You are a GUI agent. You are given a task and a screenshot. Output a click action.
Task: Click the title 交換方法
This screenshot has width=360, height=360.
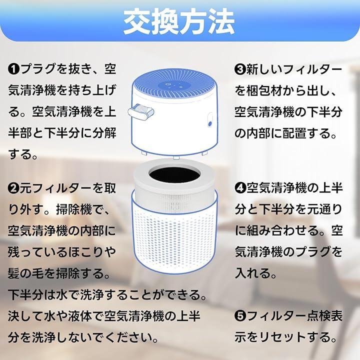179,22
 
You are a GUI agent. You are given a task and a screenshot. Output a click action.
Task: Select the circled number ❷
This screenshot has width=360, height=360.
14,188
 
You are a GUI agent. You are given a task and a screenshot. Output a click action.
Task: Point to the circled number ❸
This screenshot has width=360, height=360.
240,70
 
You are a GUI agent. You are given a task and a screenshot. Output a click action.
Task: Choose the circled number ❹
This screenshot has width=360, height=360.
240,188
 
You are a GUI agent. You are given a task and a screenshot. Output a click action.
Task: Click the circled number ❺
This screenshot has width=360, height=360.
240,316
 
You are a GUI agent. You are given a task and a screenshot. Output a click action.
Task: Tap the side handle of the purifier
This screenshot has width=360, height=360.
140,112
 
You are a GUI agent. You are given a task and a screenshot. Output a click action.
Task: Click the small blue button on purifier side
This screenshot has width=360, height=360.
210,124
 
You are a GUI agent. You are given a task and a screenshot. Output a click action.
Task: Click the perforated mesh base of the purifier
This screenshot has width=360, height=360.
174,239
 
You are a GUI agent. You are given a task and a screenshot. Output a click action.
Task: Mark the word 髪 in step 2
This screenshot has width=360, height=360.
14,273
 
